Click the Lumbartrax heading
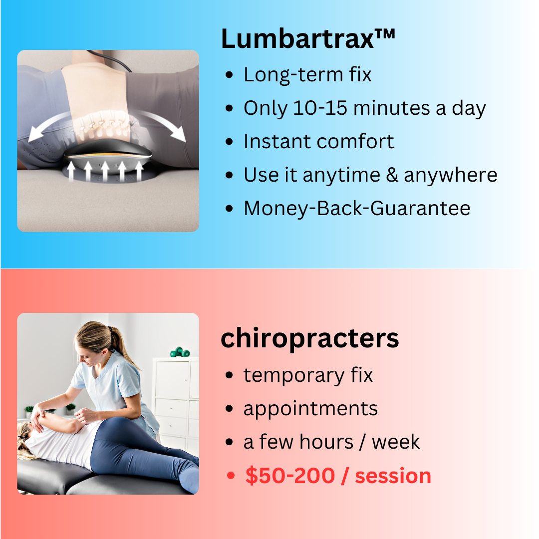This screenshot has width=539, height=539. tap(308, 38)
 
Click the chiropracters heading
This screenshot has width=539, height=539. tap(310, 339)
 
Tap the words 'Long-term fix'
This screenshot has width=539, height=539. tap(307, 74)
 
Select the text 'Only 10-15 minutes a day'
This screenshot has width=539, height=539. tap(365, 108)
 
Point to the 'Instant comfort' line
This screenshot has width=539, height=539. tap(318, 141)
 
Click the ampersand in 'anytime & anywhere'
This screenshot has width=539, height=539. tap(392, 175)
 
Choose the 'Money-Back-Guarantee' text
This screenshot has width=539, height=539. tap(357, 208)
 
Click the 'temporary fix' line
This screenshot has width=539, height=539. tap(308, 375)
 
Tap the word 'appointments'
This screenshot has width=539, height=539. tap(310, 409)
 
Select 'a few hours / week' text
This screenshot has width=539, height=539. tap(331, 442)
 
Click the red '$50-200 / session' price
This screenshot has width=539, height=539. tap(338, 476)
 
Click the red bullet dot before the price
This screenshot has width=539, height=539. tap(231, 476)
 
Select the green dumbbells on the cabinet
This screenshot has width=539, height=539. tap(180, 352)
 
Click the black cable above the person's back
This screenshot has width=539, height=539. tap(109, 60)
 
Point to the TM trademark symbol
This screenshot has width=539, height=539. tap(385, 34)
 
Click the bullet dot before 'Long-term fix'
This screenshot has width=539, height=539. tap(229, 75)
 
